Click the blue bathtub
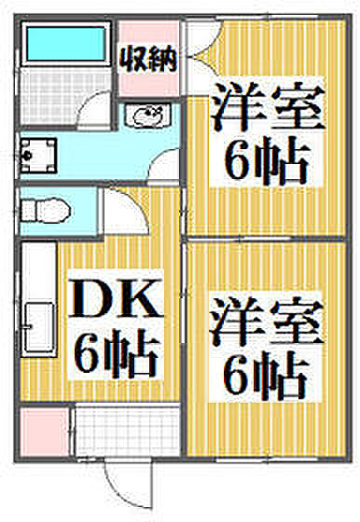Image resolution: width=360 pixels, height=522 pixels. click(x=66, y=44)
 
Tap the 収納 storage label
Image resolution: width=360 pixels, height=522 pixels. click(x=148, y=60)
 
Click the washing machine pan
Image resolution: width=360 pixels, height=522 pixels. click(x=38, y=156)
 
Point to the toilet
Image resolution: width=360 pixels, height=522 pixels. click(x=46, y=211)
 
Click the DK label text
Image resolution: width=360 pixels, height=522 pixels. click(x=115, y=297)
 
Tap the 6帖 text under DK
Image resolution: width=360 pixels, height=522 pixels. click(x=116, y=354)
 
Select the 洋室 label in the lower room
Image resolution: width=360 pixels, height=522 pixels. click(x=267, y=322)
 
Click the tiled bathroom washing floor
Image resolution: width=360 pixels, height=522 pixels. click(x=65, y=94)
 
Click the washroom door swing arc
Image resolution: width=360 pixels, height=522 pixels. click(x=164, y=166)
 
